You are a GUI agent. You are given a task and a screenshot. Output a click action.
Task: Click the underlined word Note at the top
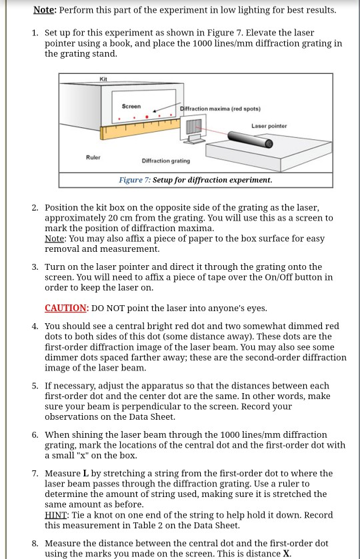click(x=43, y=10)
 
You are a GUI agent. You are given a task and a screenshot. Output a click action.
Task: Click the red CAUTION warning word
click(x=66, y=308)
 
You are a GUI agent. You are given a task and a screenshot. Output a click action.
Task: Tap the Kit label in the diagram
click(x=103, y=79)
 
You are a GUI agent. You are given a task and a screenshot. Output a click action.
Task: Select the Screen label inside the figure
click(x=131, y=106)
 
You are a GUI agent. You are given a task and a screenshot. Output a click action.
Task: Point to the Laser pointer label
click(x=269, y=126)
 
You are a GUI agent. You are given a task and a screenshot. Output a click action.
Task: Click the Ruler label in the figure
click(x=93, y=157)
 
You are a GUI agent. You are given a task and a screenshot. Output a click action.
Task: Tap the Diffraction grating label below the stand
click(x=166, y=161)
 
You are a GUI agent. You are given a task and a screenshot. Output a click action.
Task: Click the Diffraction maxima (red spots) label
click(x=220, y=109)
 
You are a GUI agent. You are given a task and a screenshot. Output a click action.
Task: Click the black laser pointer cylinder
click(x=250, y=139)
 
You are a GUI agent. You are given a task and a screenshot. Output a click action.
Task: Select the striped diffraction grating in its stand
click(x=194, y=127)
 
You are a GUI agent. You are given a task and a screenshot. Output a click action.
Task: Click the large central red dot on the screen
click(x=147, y=117)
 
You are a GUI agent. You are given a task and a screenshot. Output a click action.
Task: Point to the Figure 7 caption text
click(x=195, y=180)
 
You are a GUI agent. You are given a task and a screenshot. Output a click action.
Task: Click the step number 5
click(x=35, y=386)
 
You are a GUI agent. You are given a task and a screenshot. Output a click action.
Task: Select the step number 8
click(x=35, y=544)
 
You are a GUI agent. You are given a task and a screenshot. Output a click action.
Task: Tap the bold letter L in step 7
click(x=85, y=474)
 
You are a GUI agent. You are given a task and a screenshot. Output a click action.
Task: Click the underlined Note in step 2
click(x=55, y=239)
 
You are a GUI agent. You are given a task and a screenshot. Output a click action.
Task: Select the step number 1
click(x=35, y=33)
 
